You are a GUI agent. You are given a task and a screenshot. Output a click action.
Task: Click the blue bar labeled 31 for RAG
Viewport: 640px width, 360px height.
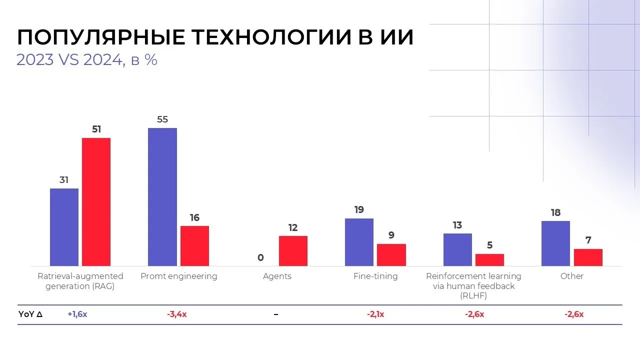point(64,227)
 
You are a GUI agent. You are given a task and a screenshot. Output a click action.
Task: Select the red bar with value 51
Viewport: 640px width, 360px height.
point(96,202)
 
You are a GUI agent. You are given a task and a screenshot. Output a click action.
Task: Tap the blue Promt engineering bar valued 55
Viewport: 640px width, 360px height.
point(162,197)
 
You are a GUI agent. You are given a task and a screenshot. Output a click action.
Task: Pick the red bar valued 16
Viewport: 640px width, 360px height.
point(194,246)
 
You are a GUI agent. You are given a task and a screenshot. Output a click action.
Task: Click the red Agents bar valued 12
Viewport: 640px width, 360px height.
point(293,251)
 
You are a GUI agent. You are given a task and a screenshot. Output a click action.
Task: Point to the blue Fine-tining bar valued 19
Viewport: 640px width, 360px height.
point(359,242)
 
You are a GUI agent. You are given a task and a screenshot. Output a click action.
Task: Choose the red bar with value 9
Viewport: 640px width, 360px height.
point(391,255)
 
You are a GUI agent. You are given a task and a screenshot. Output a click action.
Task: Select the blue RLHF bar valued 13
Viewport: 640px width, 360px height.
point(457,249)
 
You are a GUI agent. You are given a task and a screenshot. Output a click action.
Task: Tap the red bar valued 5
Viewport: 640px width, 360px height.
point(489,260)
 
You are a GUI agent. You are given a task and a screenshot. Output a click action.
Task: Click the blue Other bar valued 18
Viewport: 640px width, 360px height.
point(555,243)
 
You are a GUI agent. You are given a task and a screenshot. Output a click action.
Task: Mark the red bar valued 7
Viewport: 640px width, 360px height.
point(588,257)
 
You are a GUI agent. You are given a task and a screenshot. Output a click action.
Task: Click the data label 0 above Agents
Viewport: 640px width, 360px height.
point(260,258)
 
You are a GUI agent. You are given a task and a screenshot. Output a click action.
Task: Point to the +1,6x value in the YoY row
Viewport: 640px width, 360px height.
point(77,314)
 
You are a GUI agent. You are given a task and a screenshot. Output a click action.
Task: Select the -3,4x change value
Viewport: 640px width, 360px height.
point(177,314)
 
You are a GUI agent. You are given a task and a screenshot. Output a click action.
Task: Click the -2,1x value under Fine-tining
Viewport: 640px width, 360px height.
point(375,314)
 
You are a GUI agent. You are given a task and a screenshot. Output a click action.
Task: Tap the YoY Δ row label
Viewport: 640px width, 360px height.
point(30,314)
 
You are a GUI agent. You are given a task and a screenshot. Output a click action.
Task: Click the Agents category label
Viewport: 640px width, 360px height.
point(277,276)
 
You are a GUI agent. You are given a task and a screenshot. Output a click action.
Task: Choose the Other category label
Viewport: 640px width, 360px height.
point(572,276)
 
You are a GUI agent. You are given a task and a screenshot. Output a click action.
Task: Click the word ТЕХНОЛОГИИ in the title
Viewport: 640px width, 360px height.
point(274,38)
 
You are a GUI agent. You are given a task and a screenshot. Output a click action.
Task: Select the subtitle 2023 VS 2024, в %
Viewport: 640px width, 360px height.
point(87,60)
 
